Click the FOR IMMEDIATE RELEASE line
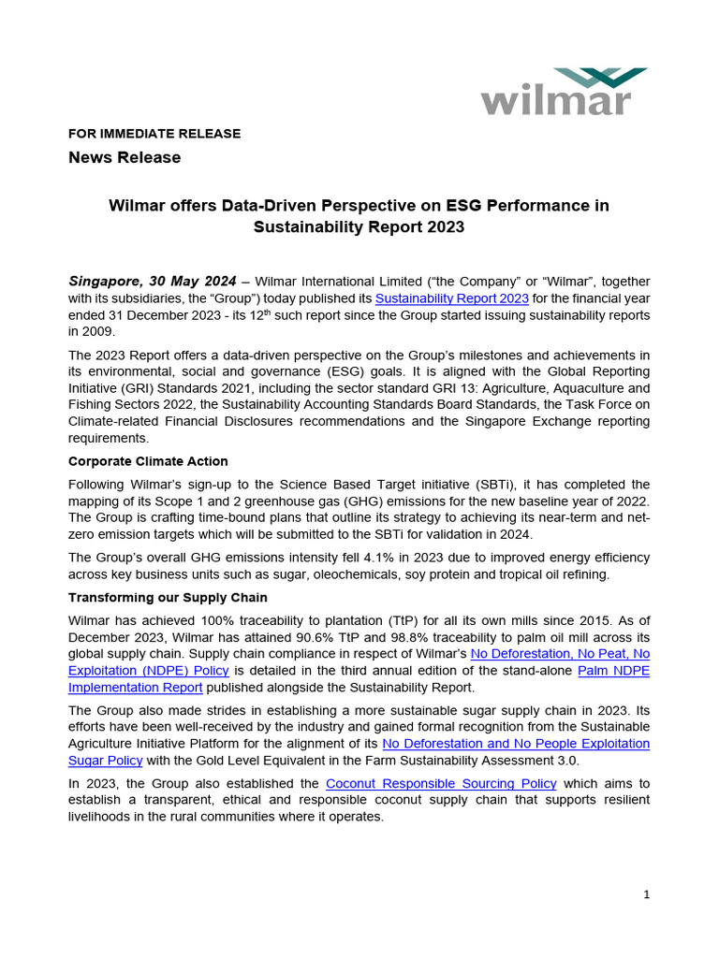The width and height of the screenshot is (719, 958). tap(154, 134)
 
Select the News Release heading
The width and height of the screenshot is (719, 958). tap(125, 157)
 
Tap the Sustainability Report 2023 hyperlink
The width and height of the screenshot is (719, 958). tap(451, 298)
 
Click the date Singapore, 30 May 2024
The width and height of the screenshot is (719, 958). tap(153, 281)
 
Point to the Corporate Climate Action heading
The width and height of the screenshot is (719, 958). tap(148, 461)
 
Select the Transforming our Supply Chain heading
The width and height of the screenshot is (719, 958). tap(168, 597)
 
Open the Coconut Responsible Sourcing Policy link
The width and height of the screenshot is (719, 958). tap(440, 783)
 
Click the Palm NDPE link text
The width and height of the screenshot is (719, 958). tap(613, 670)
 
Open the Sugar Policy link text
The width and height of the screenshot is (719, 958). tap(105, 761)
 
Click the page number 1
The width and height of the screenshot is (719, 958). tap(646, 894)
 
